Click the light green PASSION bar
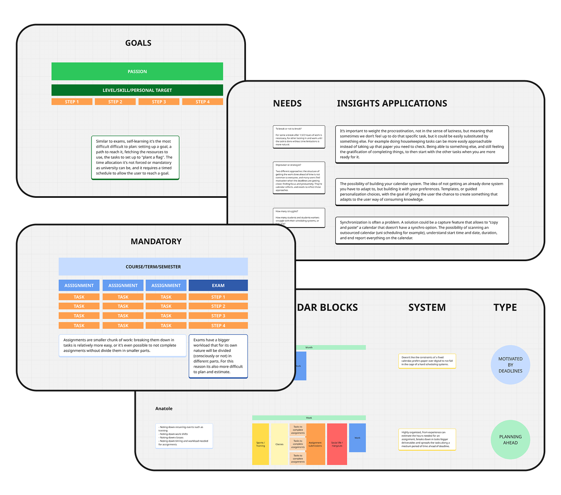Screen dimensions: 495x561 pos(137,72)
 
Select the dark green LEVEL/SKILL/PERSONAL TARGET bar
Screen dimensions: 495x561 pos(137,90)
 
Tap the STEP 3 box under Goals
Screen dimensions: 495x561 pos(159,102)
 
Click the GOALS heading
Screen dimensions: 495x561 pos(138,43)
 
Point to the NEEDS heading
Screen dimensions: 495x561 pos(287,103)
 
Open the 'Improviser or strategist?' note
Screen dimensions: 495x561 pos(299,178)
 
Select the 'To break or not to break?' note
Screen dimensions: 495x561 pos(299,137)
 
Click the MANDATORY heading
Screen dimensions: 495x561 pos(156,241)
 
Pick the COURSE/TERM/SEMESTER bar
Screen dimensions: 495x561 pos(153,267)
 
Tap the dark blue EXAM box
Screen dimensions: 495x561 pos(218,286)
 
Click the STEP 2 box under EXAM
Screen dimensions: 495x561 pos(218,306)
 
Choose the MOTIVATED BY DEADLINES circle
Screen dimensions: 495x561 pos(510,365)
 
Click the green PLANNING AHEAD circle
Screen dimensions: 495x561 pos(510,440)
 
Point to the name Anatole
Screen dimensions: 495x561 pos(164,408)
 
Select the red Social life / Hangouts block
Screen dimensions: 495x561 pos(337,444)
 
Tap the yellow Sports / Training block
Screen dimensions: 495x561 pos(260,444)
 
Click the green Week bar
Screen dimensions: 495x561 pos(309,418)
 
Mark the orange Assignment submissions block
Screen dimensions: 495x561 pos(315,444)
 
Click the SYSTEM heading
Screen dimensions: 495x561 pos(427,308)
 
